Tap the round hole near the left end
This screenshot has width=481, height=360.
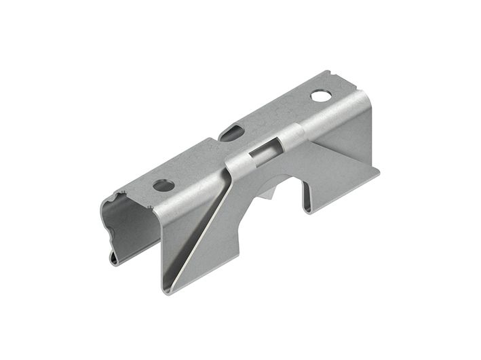(163, 184)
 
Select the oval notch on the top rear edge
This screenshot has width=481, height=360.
(233, 129)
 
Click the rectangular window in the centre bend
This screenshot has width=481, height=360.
(261, 153)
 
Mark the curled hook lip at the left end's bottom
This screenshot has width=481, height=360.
(115, 258)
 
